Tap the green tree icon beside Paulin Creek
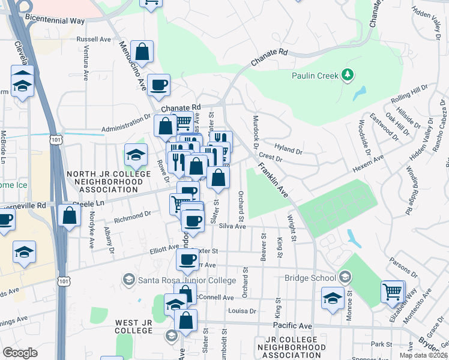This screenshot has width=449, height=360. (x=346, y=74)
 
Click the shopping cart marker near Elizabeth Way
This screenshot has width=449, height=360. (x=393, y=292)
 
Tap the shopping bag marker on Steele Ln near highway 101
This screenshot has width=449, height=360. (x=70, y=215)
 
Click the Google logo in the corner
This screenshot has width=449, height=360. (x=20, y=352)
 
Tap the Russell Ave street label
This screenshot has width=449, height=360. (x=94, y=39)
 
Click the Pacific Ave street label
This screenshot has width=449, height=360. (x=292, y=325)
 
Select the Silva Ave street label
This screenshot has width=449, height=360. (x=232, y=226)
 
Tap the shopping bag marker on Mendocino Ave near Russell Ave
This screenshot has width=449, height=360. (x=142, y=52)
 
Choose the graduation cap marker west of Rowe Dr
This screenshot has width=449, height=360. (x=136, y=155)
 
